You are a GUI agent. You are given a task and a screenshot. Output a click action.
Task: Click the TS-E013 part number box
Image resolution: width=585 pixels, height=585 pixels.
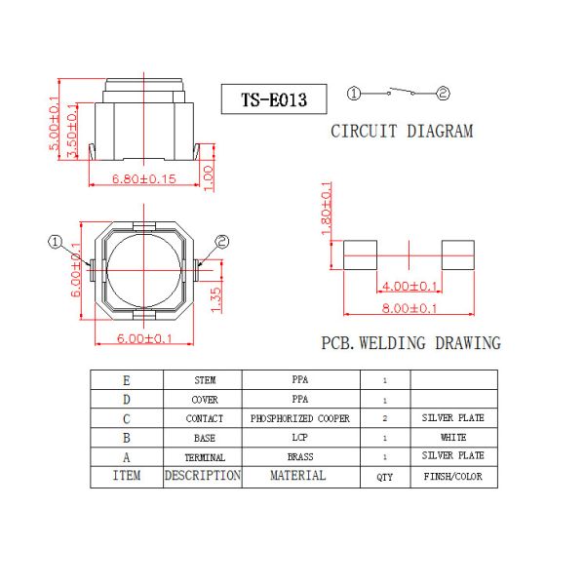coord(274,99)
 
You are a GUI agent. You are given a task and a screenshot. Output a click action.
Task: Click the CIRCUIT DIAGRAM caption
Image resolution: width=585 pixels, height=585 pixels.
coord(401,131)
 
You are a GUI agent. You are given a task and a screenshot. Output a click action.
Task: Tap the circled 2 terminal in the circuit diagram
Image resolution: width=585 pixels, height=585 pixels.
coord(443,94)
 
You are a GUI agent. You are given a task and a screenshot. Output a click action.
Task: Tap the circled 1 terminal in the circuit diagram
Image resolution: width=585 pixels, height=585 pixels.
coord(354,94)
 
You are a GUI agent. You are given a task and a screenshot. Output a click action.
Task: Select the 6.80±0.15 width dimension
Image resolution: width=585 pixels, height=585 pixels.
coord(144,178)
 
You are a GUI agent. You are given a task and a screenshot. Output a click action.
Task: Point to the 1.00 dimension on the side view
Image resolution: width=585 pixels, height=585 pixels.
coord(208,175)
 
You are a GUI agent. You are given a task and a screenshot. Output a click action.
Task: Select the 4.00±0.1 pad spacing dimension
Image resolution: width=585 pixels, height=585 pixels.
coord(409,286)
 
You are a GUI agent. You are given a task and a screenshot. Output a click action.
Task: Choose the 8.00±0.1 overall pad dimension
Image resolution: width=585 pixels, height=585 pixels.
coord(409,308)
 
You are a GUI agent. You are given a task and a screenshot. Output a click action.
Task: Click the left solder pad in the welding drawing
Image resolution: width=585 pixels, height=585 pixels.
coord(362,255)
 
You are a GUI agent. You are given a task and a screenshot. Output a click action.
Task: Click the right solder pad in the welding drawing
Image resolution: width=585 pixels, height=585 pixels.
coord(456,255)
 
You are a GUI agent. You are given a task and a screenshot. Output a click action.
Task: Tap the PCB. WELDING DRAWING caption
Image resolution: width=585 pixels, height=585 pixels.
coord(410,343)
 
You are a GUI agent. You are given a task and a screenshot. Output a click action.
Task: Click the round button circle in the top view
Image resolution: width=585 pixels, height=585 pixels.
coord(142,269)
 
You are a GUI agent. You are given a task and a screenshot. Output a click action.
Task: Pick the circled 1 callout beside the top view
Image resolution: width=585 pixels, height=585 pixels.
coord(56,241)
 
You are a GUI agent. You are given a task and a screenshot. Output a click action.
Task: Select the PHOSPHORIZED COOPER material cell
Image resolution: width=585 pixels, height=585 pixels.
coord(299,418)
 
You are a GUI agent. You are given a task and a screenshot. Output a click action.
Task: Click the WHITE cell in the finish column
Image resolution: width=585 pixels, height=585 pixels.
coord(452,438)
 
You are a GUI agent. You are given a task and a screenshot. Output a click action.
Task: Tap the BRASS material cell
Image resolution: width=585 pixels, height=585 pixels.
coord(299,456)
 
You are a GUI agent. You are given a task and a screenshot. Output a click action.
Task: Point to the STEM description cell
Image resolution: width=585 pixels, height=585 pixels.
coord(203,380)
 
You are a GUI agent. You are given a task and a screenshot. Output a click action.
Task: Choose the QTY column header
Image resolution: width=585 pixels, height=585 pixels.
coord(384,477)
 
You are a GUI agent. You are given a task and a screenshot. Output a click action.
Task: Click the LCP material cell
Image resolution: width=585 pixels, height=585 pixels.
coord(299,438)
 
